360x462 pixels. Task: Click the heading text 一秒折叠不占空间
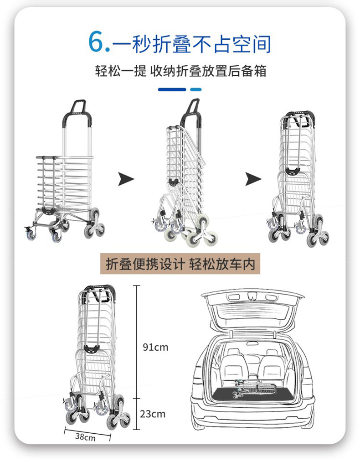click(x=191, y=43)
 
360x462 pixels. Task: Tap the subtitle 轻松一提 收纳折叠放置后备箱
click(x=180, y=72)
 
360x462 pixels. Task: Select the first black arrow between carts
click(x=126, y=179)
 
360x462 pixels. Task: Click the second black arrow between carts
click(x=253, y=179)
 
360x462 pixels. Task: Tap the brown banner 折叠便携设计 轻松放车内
click(x=180, y=264)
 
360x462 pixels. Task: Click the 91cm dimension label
click(x=155, y=348)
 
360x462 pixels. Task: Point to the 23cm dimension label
click(x=153, y=414)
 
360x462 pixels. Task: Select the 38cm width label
click(x=85, y=437)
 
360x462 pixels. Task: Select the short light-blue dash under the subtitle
click(x=195, y=89)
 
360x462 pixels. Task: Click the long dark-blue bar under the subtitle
click(x=172, y=89)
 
